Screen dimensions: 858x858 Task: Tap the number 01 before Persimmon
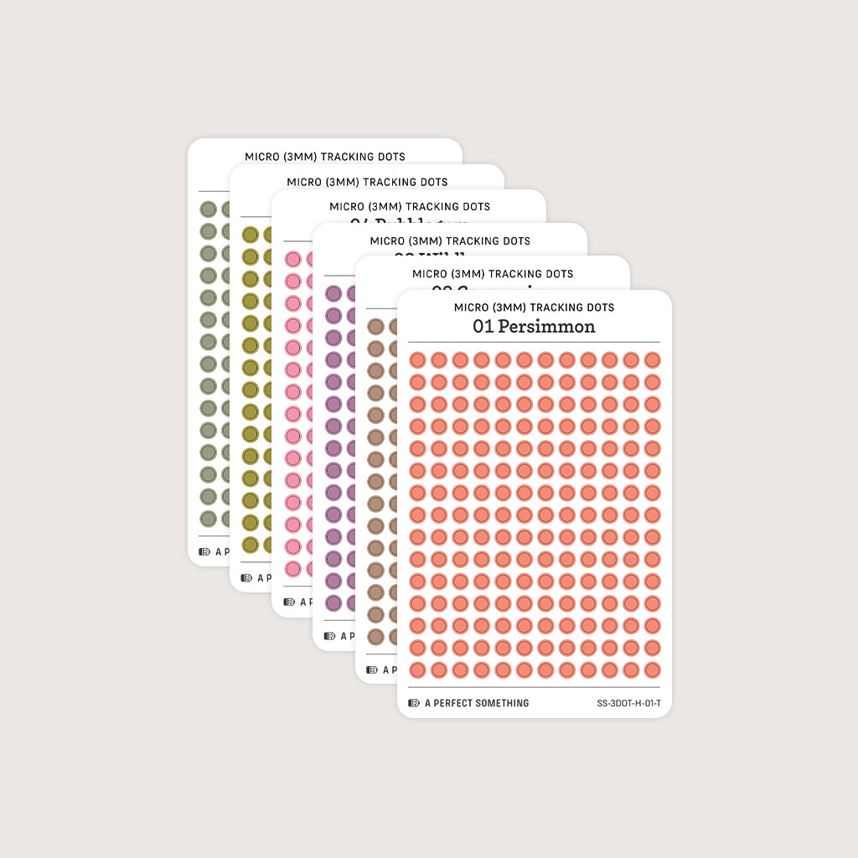tap(483, 326)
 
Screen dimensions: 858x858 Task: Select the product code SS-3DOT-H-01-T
tap(628, 703)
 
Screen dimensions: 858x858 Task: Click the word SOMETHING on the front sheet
tap(502, 703)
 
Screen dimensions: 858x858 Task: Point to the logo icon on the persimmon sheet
tap(414, 703)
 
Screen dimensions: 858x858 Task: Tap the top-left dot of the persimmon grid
tap(417, 359)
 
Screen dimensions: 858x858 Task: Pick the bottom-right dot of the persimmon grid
tap(652, 670)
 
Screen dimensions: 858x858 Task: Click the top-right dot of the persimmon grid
tap(652, 359)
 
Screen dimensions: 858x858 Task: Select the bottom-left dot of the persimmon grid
tap(417, 670)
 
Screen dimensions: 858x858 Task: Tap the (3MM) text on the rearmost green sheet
tap(298, 157)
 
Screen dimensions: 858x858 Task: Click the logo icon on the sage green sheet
tap(204, 551)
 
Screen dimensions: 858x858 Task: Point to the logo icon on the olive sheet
tap(246, 577)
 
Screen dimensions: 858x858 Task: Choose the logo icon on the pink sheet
tap(288, 602)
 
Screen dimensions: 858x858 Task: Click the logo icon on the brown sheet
tap(372, 669)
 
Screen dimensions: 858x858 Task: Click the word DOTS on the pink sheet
tap(474, 206)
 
